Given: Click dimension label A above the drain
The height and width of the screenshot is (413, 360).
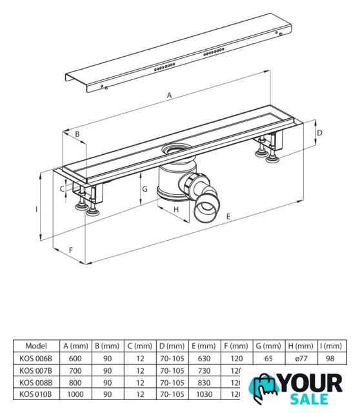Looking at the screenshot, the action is tap(169, 95).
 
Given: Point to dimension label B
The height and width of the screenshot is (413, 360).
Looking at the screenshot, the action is tap(77, 134).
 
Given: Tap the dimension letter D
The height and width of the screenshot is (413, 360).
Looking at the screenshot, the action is tap(319, 132).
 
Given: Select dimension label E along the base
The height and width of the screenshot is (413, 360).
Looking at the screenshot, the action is tap(228, 217).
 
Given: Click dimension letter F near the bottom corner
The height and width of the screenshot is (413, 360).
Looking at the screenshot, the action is tap(71, 250).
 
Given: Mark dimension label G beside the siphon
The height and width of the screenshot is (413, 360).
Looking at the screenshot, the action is tap(145, 189).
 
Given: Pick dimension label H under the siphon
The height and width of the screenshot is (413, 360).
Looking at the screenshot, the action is tap(176, 209).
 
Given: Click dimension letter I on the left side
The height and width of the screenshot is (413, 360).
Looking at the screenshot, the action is tap(36, 209).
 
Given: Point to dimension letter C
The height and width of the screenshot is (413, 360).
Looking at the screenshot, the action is tap(62, 188).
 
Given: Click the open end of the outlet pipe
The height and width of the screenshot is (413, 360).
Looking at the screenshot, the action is tap(206, 208).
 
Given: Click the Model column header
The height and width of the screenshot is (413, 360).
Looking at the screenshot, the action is tap(36, 346).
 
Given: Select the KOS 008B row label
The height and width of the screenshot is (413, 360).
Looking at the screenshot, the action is tap(36, 383).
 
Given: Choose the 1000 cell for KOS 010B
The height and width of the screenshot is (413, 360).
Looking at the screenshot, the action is tap(75, 394).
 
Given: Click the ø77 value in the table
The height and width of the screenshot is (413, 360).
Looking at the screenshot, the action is tap(301, 359).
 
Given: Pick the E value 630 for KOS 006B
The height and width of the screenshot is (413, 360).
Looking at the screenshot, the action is tap(204, 359).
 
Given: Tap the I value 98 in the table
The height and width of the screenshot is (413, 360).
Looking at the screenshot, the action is tap(330, 359).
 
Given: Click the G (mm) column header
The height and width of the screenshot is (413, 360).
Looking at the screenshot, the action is tap(268, 346).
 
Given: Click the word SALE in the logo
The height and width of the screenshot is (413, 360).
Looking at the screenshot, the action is tap(309, 399).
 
